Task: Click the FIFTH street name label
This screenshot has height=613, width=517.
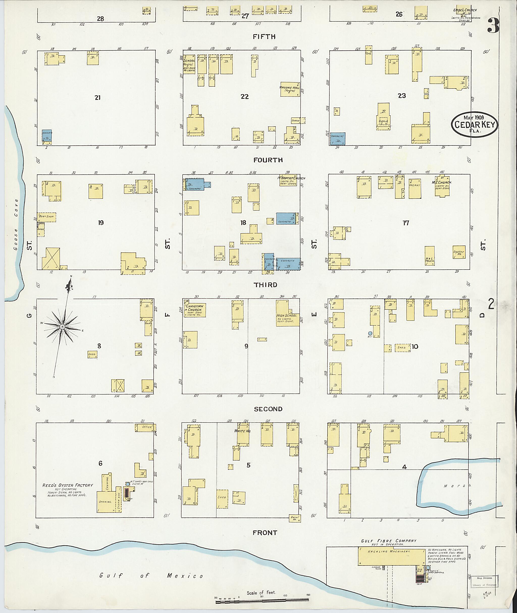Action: coord(264,37)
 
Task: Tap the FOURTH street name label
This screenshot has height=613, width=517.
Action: coord(268,160)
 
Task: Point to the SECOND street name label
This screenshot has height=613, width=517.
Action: coord(268,409)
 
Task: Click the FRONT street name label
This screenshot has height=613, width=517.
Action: coord(265,533)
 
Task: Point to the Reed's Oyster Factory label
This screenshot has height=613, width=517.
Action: coord(67,485)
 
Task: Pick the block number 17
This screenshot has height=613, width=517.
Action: coord(406,223)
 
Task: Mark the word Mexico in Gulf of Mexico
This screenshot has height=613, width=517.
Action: coord(185,576)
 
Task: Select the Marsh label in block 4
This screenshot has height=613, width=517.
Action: coord(457,486)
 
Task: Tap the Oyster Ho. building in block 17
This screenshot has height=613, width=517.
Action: coord(459,252)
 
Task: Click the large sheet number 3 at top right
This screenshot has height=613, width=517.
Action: coord(493,26)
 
